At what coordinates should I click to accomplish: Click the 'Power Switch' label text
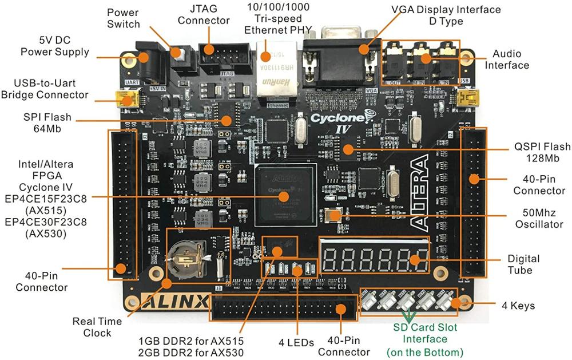click(123, 18)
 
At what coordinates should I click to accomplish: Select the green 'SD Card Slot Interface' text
click(425, 339)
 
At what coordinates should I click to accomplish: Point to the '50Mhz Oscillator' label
click(538, 219)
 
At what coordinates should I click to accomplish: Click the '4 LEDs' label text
click(294, 343)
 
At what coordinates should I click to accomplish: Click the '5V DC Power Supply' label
click(55, 46)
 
